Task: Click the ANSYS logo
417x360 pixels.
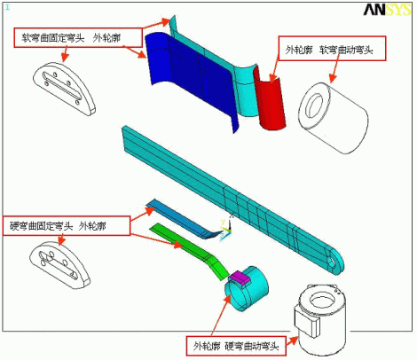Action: (x=387, y=10)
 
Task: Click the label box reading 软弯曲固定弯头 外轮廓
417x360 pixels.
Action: (x=78, y=37)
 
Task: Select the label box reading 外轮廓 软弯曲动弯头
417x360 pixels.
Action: (x=332, y=49)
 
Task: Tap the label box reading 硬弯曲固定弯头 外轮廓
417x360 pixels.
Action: (x=67, y=226)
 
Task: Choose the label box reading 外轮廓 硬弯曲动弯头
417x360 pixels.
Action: (x=236, y=346)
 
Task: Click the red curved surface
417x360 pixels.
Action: (x=270, y=99)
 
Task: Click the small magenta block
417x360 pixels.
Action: (x=240, y=278)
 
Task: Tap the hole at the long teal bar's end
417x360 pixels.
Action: (x=332, y=261)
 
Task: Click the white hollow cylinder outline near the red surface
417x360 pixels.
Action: (x=334, y=117)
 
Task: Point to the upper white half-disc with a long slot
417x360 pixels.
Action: (x=64, y=88)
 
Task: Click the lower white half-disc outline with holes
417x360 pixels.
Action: (x=59, y=265)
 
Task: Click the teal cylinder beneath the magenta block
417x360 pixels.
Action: (x=246, y=290)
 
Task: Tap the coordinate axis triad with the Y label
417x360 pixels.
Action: (x=226, y=229)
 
